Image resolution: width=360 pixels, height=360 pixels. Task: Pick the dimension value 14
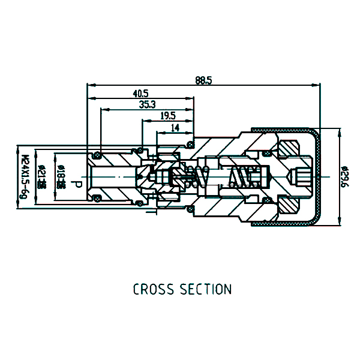175,128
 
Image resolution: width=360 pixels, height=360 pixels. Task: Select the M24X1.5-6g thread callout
25,176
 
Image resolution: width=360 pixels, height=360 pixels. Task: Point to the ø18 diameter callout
60,178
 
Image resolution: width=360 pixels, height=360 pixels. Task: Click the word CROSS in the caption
154,290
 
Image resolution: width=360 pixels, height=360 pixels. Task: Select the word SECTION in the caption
206,290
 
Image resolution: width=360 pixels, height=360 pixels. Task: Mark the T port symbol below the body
155,212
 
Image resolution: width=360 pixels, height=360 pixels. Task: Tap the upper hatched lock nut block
290,148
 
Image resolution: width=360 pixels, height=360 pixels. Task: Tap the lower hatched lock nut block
290,204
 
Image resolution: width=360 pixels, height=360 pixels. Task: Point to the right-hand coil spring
245,176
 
